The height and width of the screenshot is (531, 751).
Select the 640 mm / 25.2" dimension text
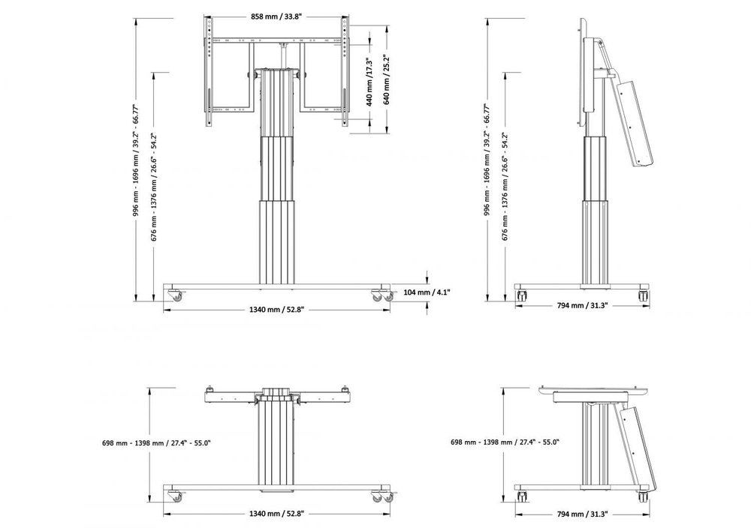tap(387, 79)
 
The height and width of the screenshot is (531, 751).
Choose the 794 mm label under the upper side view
tap(582, 305)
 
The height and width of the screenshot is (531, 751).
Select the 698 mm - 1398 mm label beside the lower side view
tap(505, 443)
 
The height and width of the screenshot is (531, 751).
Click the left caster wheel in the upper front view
tap(174, 295)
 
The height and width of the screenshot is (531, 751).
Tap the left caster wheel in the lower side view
tap(522, 496)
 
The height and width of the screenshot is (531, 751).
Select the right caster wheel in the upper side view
tap(644, 295)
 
